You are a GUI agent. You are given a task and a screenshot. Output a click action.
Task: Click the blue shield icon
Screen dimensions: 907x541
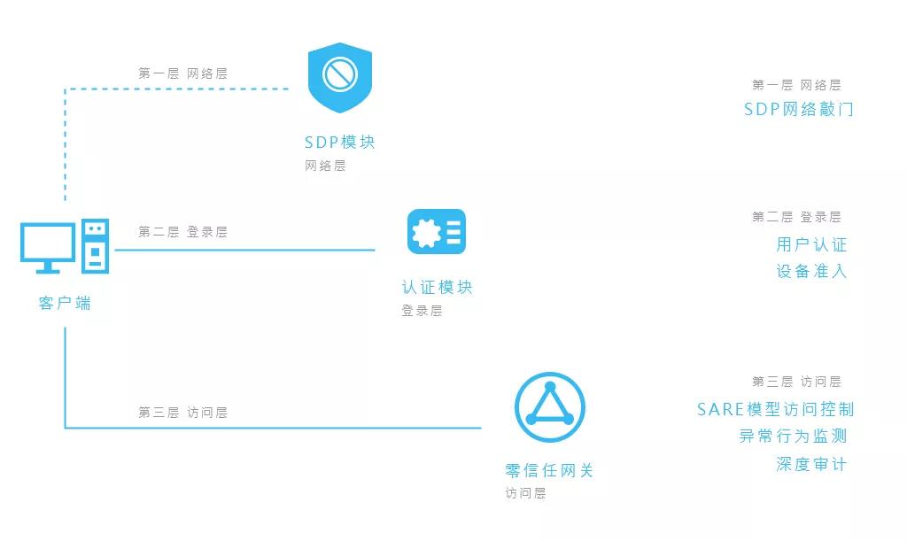340,77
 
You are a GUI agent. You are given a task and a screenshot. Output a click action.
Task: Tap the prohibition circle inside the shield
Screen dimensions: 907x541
340,74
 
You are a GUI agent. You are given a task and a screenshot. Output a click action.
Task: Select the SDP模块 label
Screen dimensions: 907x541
340,143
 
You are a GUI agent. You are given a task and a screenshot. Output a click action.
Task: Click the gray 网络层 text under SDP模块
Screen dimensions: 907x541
325,166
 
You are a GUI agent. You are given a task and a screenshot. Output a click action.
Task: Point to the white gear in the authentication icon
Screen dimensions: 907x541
426,232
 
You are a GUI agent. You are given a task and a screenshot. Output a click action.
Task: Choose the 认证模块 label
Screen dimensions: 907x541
437,287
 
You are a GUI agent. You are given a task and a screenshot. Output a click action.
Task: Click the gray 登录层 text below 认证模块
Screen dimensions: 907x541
422,311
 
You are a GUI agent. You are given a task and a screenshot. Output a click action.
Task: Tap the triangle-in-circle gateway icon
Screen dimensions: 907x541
549,407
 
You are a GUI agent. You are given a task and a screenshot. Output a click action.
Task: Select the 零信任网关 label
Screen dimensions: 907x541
549,470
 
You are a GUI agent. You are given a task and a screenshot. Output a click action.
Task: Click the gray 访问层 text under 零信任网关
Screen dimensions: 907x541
525,493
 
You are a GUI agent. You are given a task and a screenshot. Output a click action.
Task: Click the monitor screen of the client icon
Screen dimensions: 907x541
48,243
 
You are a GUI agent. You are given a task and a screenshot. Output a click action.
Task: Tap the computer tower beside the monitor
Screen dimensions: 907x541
96,245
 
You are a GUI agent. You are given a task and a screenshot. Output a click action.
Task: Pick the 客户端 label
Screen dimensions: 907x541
65,303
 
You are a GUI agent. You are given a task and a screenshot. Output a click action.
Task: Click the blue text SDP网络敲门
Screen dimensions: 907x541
798,109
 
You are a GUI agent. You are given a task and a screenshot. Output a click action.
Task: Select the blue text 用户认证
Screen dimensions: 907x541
811,244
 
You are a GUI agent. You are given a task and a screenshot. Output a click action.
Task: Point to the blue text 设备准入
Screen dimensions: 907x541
811,271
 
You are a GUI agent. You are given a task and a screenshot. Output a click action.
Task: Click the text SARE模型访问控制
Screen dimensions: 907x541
775,409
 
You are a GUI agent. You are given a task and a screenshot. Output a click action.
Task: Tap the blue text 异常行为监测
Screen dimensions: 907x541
793,436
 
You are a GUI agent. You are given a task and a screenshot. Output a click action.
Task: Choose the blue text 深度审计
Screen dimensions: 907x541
811,464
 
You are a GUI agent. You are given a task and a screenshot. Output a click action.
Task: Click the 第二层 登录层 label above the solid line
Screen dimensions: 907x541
182,232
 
